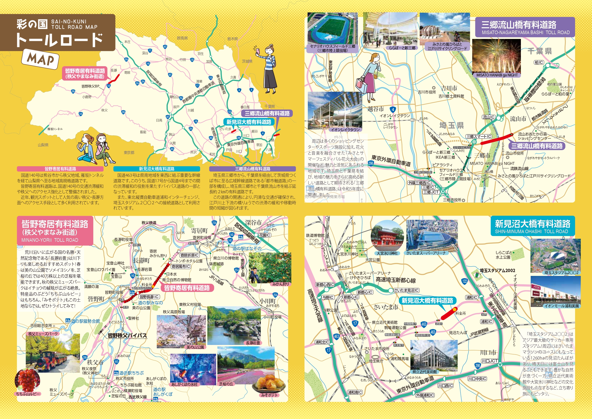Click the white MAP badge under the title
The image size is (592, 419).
[41, 59]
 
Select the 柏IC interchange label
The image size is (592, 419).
[539, 63]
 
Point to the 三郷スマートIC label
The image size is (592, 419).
[479, 136]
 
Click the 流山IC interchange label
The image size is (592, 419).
[489, 117]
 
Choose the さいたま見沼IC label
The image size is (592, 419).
[406, 290]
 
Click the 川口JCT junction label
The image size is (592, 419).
[490, 361]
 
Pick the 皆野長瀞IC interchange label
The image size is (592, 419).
[149, 297]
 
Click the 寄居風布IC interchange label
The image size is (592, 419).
[181, 266]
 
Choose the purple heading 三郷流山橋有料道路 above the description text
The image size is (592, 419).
[252, 169]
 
